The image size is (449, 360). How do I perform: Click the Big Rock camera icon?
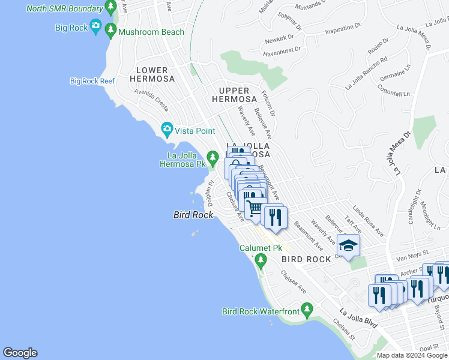pos(95,26)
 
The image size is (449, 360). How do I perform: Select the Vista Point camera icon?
pos(167,129)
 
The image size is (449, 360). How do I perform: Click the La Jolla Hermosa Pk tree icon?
pos(212,158)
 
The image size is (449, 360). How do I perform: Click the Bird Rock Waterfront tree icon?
pos(307,310)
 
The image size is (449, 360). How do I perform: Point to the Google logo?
pos(20,353)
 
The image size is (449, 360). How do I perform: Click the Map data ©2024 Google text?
pos(411,355)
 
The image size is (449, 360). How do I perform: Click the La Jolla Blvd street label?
pos(358,318)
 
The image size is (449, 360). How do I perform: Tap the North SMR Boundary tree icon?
pos(110,8)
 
